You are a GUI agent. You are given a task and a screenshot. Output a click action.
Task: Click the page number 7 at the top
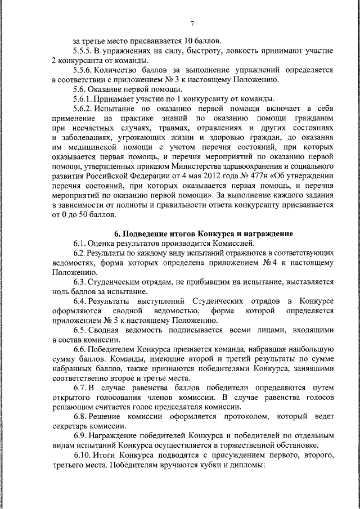(192, 23)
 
